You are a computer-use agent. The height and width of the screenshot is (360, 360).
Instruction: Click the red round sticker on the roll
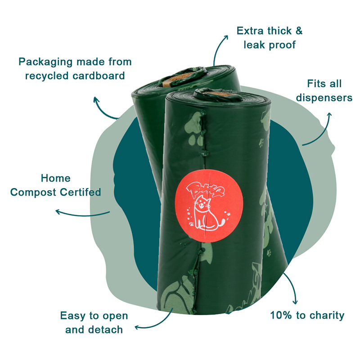[209, 206]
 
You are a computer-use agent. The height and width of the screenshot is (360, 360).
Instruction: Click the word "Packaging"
[45, 63]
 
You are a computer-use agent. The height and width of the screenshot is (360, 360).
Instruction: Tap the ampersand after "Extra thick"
[299, 31]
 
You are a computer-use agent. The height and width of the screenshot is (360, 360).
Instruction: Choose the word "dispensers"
[324, 98]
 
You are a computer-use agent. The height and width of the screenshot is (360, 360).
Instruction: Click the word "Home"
[55, 178]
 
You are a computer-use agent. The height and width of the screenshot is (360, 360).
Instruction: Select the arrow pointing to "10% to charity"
[292, 287]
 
